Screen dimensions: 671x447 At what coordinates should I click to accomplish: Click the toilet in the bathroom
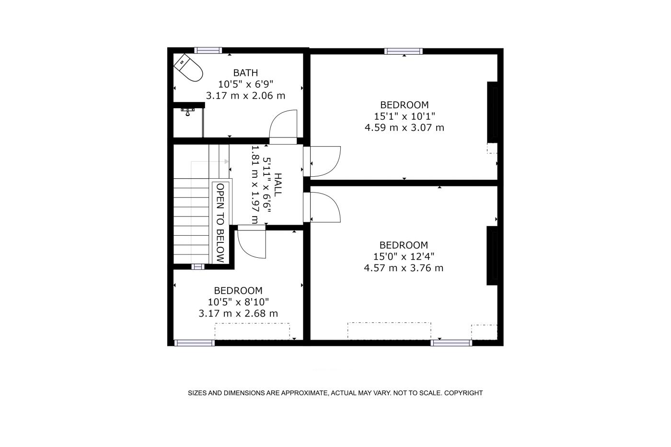coord(188,68)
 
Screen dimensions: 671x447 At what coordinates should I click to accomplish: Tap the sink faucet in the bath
coord(187,112)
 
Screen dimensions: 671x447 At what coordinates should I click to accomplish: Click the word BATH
coord(245,73)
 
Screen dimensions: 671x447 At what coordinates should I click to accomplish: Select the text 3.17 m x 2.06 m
coord(245,95)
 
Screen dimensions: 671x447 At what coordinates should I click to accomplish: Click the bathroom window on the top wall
coord(208,50)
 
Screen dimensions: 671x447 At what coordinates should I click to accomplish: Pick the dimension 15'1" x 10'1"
coord(405,116)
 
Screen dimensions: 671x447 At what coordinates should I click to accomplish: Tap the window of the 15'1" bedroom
coord(404,51)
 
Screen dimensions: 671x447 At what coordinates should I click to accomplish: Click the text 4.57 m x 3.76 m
coord(404,268)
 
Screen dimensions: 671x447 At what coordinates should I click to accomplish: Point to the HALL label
coord(278,185)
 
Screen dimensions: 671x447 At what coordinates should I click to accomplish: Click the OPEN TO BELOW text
coord(220,223)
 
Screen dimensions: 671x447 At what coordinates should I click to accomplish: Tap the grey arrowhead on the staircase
coord(227,161)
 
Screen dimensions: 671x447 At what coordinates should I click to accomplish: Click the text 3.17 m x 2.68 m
coord(239,313)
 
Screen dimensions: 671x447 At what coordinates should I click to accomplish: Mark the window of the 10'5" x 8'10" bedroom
coord(195,343)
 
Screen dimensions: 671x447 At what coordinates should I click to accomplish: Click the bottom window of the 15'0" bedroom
coord(451,343)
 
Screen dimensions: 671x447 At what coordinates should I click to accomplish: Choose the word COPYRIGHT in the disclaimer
coord(463,393)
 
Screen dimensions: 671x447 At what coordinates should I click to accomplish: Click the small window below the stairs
coord(197,266)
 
